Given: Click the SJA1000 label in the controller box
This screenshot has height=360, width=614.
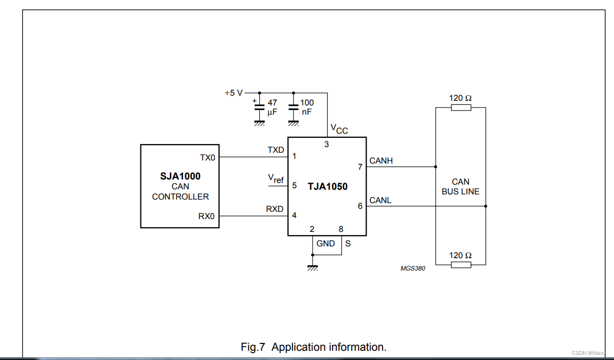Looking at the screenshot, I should pyautogui.click(x=180, y=176).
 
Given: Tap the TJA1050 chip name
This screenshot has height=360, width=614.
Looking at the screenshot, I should pyautogui.click(x=328, y=186).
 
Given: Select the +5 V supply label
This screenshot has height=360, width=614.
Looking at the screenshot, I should pyautogui.click(x=233, y=93).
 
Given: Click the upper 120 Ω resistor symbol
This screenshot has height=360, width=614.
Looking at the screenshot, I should pyautogui.click(x=461, y=107).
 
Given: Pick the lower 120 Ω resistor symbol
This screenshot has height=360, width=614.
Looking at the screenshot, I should pyautogui.click(x=461, y=265).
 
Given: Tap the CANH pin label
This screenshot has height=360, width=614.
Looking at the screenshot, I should pyautogui.click(x=381, y=161).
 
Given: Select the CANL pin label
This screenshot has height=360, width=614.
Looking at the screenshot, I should pyautogui.click(x=380, y=200).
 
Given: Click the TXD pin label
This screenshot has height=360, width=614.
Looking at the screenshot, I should pyautogui.click(x=276, y=150).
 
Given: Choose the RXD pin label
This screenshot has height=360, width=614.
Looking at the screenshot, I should pyautogui.click(x=275, y=209).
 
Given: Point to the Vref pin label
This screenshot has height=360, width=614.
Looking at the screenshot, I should pyautogui.click(x=276, y=178).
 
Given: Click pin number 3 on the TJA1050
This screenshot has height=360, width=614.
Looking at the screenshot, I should pyautogui.click(x=327, y=145).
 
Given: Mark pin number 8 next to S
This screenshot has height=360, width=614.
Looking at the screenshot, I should pyautogui.click(x=341, y=229).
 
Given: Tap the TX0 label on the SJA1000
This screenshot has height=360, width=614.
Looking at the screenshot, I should pyautogui.click(x=208, y=157).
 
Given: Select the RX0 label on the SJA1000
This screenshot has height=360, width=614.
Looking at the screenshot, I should pyautogui.click(x=207, y=217).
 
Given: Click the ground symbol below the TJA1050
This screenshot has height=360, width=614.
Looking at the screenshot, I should pyautogui.click(x=312, y=267).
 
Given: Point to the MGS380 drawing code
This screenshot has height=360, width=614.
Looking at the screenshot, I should pyautogui.click(x=413, y=268).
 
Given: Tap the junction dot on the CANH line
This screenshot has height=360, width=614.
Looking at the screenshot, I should pyautogui.click(x=436, y=167).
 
